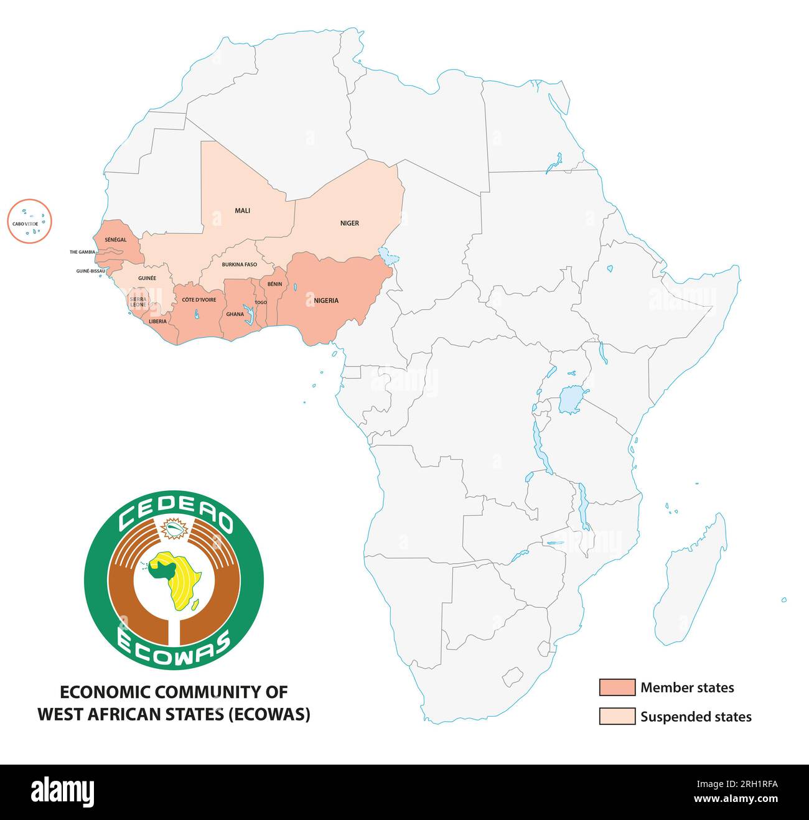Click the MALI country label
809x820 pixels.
click(x=242, y=210)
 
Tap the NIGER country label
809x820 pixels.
click(x=349, y=223)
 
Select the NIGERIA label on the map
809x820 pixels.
click(x=326, y=301)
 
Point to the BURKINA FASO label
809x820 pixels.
click(x=239, y=264)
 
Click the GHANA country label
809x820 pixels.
click(x=235, y=314)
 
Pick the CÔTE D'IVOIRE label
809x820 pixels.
click(x=199, y=300)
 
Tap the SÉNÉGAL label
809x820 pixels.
click(x=116, y=240)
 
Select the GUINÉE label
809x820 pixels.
click(x=147, y=278)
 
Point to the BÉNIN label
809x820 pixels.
click(x=274, y=284)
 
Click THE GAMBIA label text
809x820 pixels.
click(x=82, y=252)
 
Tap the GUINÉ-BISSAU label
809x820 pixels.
click(x=90, y=271)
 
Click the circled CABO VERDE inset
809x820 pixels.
click(x=29, y=221)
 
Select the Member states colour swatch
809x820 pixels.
click(x=617, y=687)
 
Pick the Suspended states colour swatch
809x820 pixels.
click(x=617, y=716)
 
